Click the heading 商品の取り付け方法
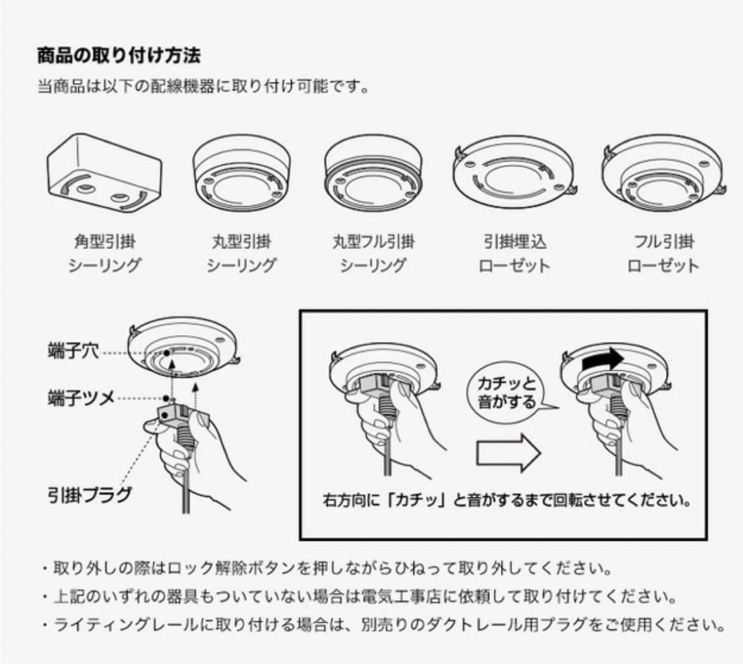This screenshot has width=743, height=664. click(118, 54)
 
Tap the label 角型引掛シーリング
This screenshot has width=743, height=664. click(105, 253)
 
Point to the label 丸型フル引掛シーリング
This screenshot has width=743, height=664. click(373, 253)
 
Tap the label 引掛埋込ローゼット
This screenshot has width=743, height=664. click(514, 253)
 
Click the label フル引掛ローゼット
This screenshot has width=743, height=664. click(663, 253)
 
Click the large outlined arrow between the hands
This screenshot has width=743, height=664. click(508, 451)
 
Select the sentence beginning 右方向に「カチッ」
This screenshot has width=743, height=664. click(506, 499)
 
